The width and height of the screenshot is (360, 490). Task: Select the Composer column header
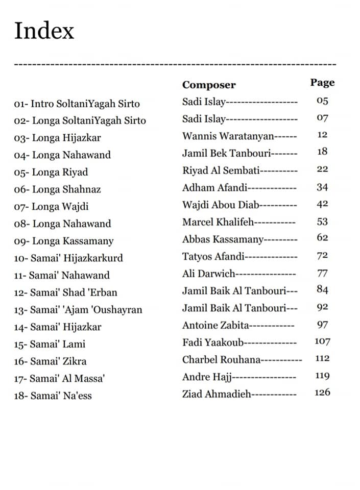pyautogui.click(x=209, y=85)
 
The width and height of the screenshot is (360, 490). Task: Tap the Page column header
pyautogui.click(x=322, y=82)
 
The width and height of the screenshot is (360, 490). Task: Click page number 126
pyautogui.click(x=322, y=393)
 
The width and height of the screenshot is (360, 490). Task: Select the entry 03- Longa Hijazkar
pyautogui.click(x=57, y=138)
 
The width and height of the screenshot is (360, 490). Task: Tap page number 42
pyautogui.click(x=322, y=204)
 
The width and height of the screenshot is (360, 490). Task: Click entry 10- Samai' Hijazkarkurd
pyautogui.click(x=68, y=258)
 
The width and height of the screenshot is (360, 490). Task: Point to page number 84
pyautogui.click(x=322, y=290)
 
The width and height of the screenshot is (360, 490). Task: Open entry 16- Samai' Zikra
pyautogui.click(x=50, y=361)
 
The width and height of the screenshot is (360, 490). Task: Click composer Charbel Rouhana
pyautogui.click(x=221, y=359)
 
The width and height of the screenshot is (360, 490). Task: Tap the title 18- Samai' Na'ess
pyautogui.click(x=53, y=396)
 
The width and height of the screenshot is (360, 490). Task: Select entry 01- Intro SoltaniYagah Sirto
pyautogui.click(x=77, y=104)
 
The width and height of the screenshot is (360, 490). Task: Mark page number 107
pyautogui.click(x=322, y=341)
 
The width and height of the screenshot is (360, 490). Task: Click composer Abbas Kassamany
pyautogui.click(x=223, y=239)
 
